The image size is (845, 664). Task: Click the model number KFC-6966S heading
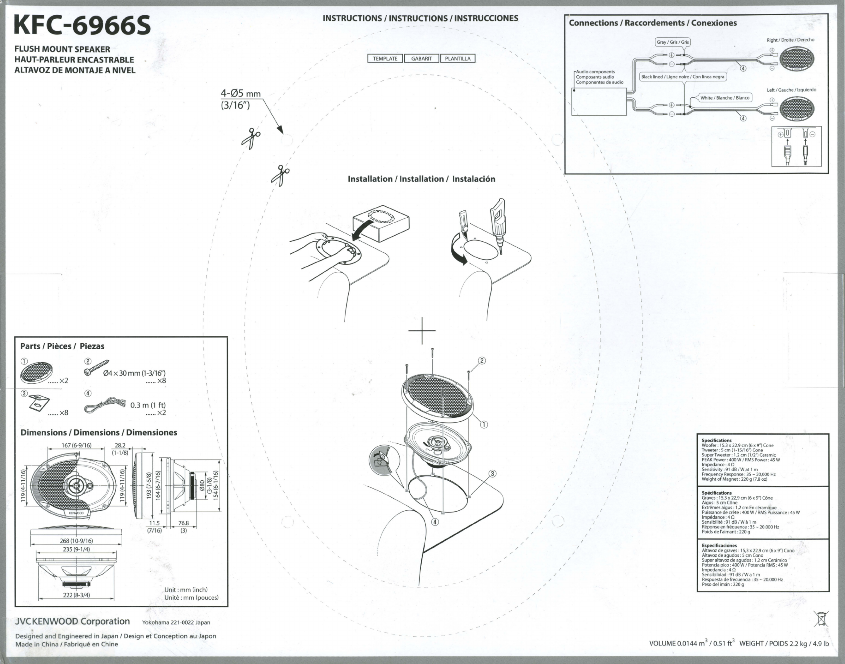point(82,26)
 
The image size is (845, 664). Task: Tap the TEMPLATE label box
point(385,59)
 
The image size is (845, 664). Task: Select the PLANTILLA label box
point(457,59)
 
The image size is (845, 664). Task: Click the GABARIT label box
point(421,59)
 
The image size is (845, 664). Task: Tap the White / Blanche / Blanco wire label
point(725,98)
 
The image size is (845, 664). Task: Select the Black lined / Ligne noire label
point(682,77)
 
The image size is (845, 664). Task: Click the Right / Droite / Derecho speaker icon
point(797,59)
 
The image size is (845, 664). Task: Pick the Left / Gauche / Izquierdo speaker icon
point(797,109)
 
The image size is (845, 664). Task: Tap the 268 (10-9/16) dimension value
point(76,541)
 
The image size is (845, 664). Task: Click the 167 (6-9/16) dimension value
point(76,445)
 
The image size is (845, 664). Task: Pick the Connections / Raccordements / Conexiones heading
point(653,23)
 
